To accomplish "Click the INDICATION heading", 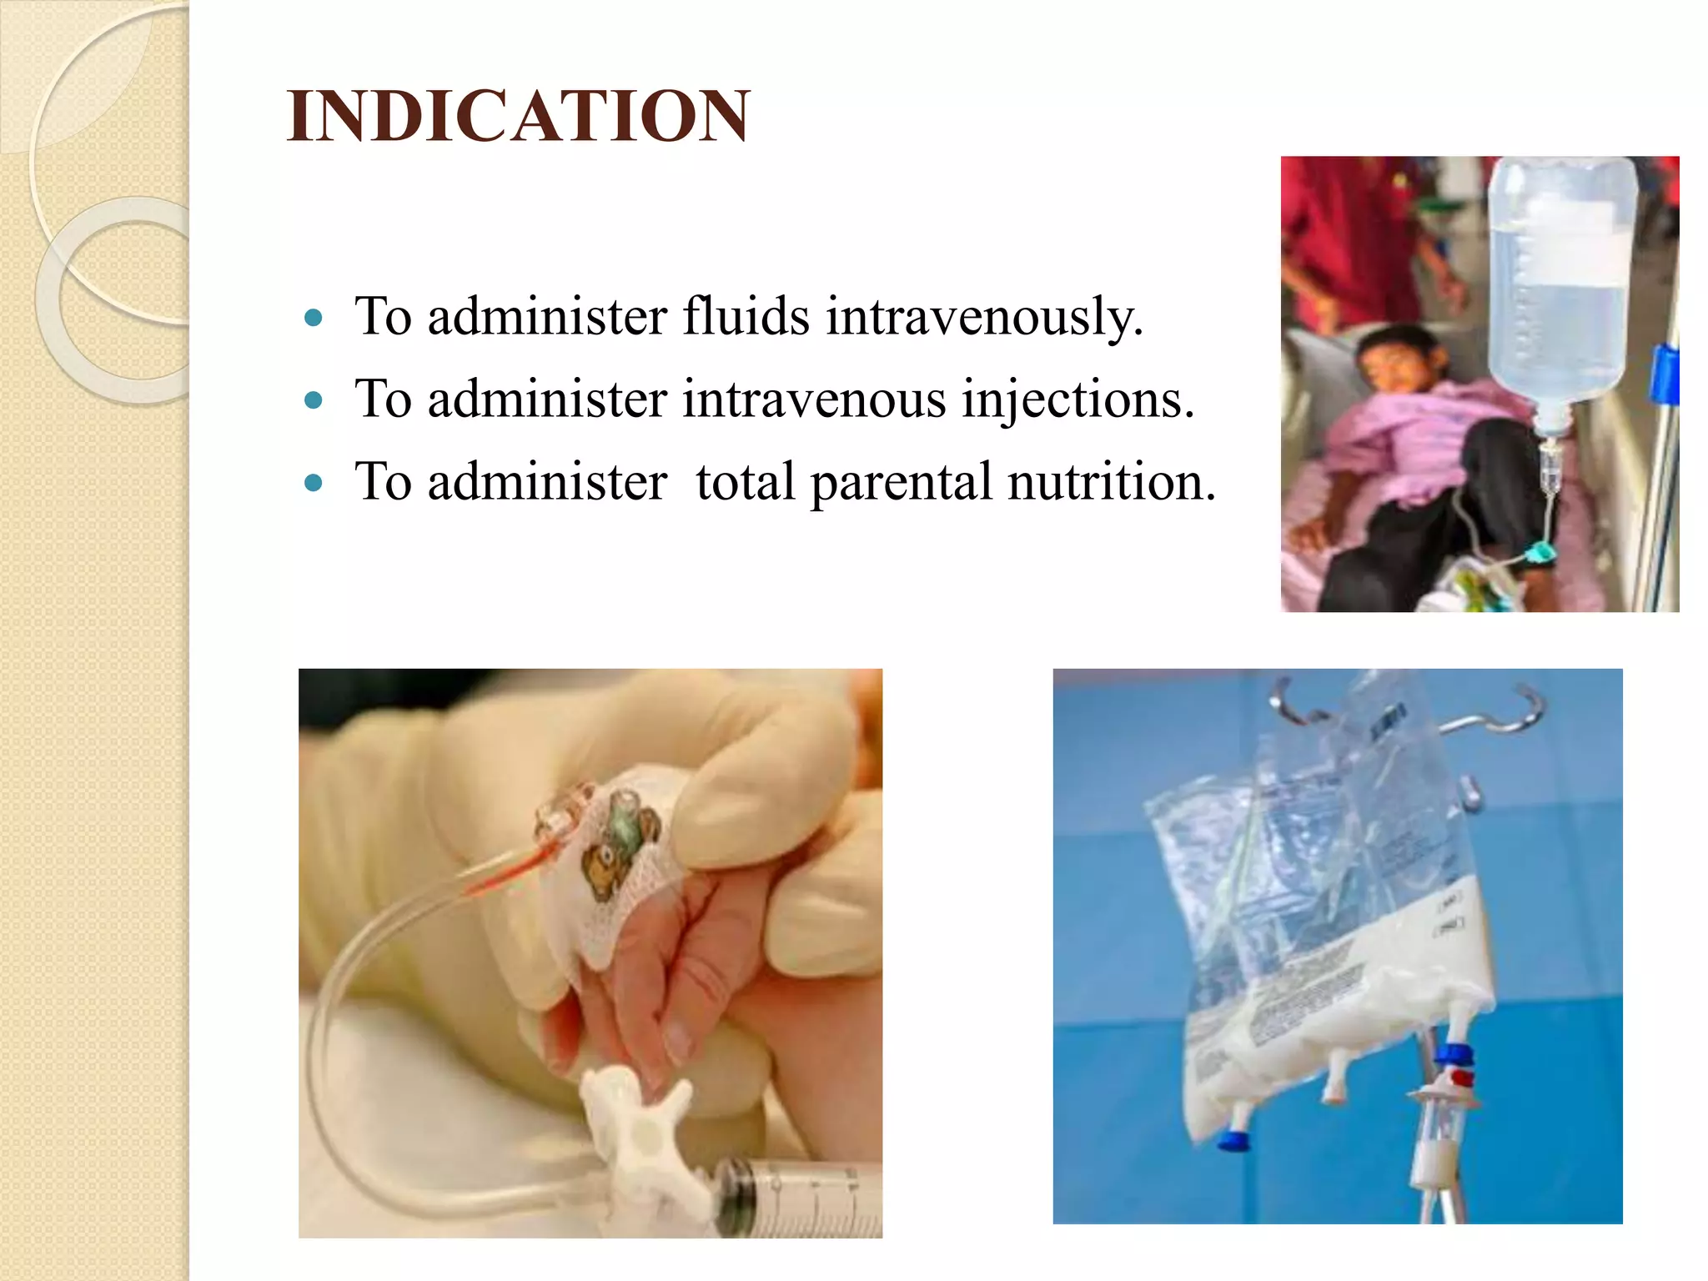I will coord(517,116).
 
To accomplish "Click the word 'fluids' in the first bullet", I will coord(746,317).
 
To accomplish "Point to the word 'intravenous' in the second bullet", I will coord(814,399).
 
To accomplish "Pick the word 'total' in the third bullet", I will coord(746,481).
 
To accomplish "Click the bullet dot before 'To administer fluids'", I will coord(314,318).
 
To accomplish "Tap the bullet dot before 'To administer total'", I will coord(314,483).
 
